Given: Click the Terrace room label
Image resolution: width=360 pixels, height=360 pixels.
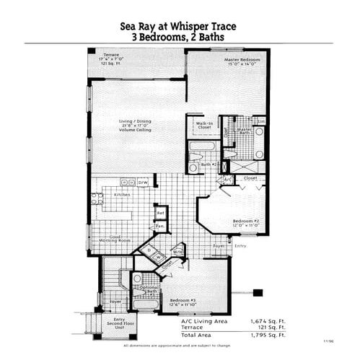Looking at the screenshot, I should [111, 54].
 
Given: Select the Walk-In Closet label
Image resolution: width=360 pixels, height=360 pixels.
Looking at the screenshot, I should [204, 125].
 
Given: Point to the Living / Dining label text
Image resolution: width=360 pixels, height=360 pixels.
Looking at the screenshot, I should [136, 121].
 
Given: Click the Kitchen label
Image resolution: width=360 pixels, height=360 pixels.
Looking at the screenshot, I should [122, 195].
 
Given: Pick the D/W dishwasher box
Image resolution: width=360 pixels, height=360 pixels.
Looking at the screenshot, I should [143, 183].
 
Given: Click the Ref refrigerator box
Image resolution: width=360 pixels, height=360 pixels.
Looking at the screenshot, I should [162, 213].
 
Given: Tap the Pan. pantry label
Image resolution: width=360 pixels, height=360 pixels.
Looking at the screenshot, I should [160, 226].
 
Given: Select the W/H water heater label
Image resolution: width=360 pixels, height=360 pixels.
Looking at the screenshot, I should [177, 252].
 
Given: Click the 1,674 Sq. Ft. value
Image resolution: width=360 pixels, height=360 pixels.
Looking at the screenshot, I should [268, 320].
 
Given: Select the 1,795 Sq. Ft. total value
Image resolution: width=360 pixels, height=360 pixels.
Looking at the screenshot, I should [268, 335].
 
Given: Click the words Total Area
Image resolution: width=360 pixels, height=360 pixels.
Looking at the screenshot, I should [201, 335].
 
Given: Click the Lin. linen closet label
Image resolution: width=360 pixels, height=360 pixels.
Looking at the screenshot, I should [260, 120].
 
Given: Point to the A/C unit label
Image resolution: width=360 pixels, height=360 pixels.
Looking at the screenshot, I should [227, 179].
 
